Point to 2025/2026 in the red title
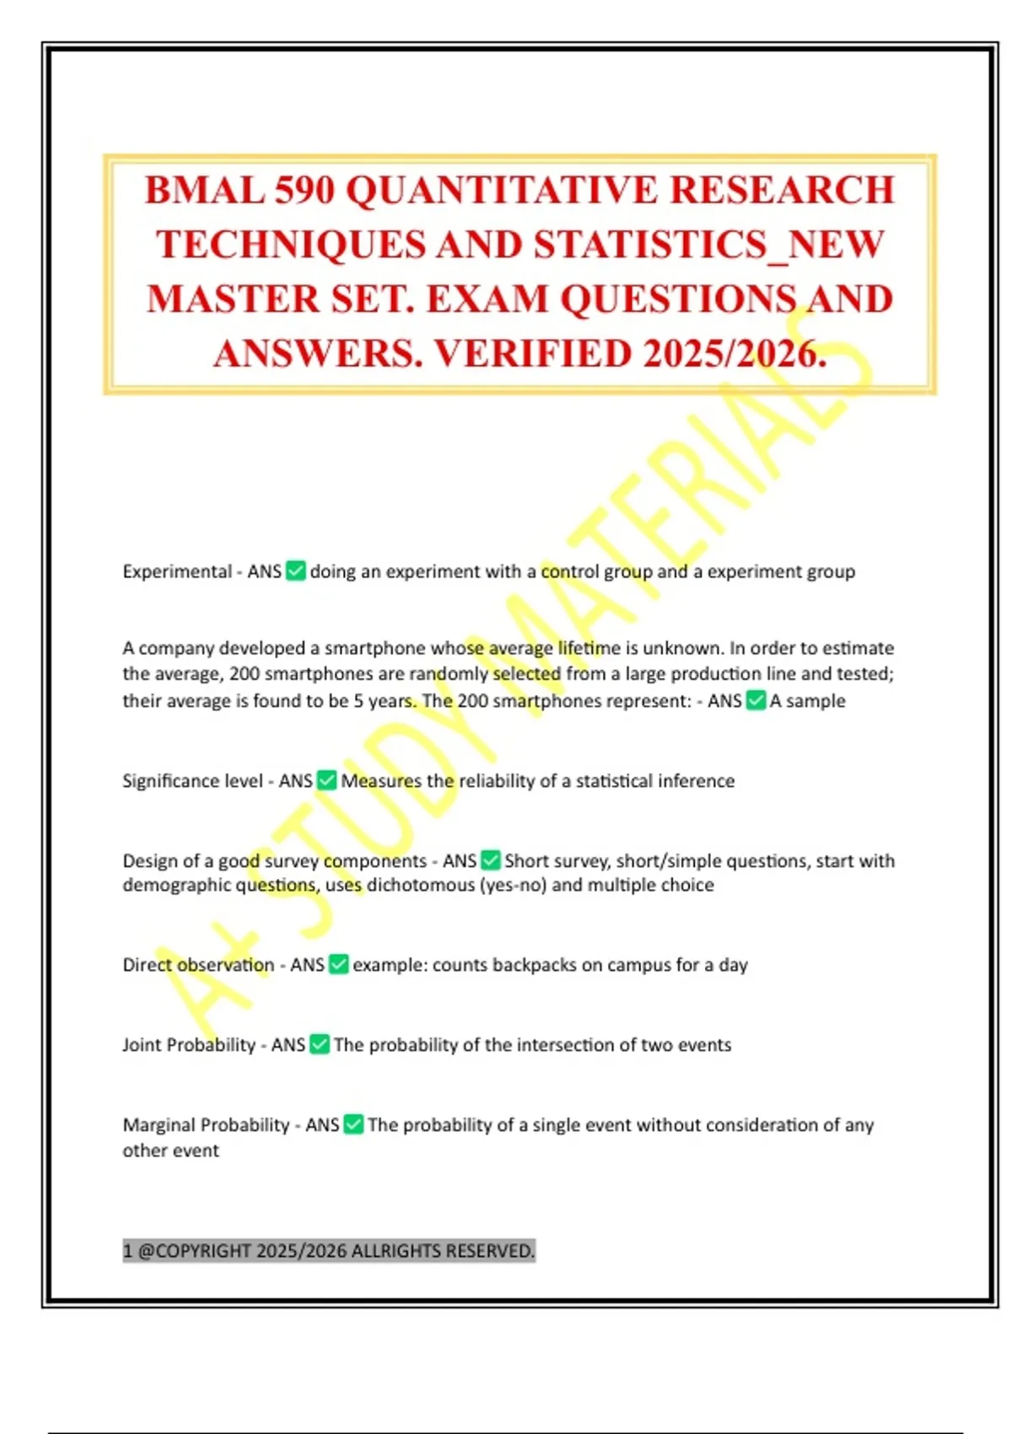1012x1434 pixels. point(734,354)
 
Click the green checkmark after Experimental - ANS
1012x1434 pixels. point(296,571)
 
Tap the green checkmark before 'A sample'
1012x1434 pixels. point(756,700)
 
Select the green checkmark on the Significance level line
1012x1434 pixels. point(326,781)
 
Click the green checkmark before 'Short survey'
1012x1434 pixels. point(490,860)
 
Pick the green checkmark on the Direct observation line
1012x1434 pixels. point(338,964)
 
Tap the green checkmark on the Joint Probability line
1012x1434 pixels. point(320,1044)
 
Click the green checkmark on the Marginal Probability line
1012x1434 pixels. point(353,1124)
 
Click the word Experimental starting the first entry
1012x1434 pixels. point(177,571)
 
